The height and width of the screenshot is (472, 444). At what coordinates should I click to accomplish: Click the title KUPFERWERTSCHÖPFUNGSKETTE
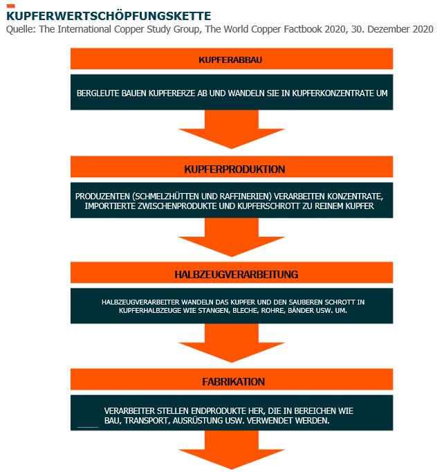tap(109, 16)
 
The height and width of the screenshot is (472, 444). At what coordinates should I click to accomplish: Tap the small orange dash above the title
tap(10, 6)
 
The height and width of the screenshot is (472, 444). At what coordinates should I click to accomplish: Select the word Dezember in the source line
tap(389, 29)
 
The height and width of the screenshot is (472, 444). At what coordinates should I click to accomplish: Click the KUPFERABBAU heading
tap(230, 60)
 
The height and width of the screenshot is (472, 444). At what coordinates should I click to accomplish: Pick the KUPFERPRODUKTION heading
tap(234, 169)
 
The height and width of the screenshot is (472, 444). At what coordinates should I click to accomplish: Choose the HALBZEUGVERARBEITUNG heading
tap(237, 275)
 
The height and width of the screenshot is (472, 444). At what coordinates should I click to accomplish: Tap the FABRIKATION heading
tap(234, 382)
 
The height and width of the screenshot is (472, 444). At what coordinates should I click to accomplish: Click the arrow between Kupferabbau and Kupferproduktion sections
tap(232, 129)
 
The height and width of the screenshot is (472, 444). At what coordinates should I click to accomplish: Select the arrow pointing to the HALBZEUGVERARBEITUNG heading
tap(232, 237)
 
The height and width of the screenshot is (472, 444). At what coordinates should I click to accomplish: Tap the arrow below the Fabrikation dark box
tap(232, 450)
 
